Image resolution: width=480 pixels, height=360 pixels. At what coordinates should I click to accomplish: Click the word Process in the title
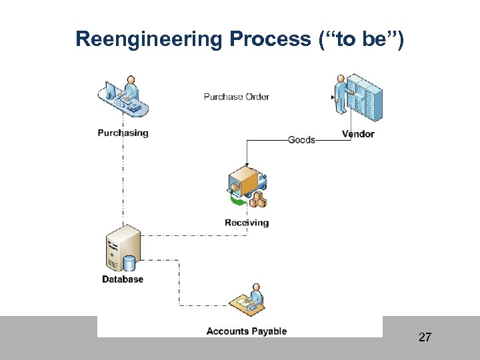pos(270,39)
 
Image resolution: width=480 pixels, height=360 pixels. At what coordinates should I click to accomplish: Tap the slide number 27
pos(425,337)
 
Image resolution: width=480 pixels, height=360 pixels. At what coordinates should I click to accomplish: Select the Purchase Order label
pos(236,97)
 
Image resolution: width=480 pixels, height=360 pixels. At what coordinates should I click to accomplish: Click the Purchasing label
pos(123,133)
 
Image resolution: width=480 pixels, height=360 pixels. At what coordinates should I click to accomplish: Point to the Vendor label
pos(358,134)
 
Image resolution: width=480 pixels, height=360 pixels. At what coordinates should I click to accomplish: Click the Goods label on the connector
pos(301,140)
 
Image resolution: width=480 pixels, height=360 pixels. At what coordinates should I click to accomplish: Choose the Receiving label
pos(247,223)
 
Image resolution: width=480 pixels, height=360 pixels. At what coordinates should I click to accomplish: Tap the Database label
pos(123,279)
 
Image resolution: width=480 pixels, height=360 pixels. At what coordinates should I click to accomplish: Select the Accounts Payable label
pos(246,331)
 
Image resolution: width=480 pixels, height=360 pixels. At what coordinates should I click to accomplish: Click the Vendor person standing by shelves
pos(343,97)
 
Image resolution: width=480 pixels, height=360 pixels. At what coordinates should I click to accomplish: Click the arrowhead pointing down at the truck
pos(247,165)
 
